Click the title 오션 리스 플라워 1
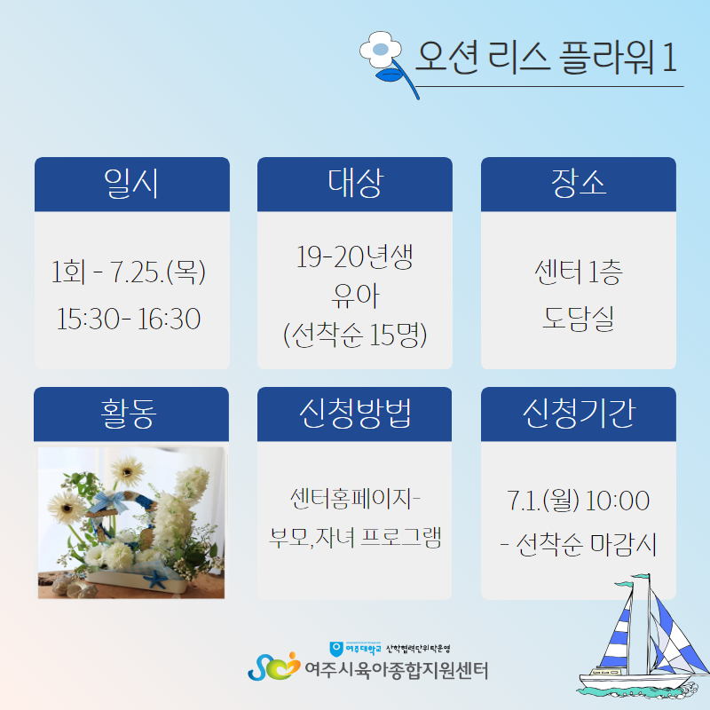click(546, 57)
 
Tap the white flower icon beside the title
click(382, 50)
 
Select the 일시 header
click(131, 184)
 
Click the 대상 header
click(356, 183)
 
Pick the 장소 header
click(579, 183)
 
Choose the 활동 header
click(129, 413)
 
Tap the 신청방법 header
click(355, 413)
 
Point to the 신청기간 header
click(580, 413)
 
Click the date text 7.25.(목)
click(158, 272)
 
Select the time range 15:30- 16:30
click(128, 319)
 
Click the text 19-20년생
click(354, 256)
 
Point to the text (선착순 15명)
click(355, 335)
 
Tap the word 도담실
click(579, 319)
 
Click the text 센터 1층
click(579, 272)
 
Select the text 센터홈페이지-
click(356, 499)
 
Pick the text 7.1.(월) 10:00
click(579, 501)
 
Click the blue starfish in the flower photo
click(156, 580)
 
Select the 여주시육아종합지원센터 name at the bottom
click(396, 671)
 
